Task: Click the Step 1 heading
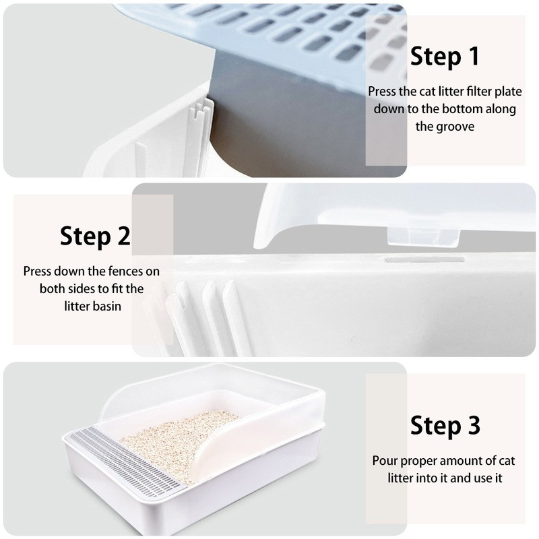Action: pos(445,57)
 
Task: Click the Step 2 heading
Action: pos(95,236)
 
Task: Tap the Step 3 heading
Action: pos(445,426)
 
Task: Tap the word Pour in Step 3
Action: pos(385,461)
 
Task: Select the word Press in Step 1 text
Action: pos(382,92)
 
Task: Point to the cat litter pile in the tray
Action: pos(178,441)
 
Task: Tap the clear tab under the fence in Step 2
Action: pos(424,237)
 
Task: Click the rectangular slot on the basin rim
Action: pos(424,260)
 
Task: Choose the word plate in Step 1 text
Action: pos(508,92)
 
